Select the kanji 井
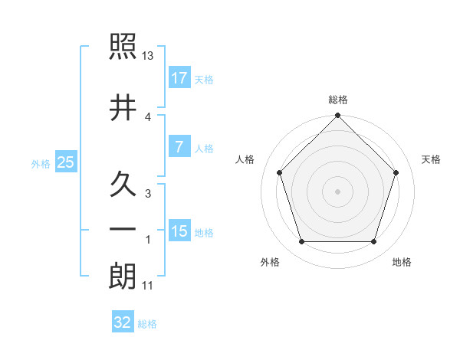point(123,107)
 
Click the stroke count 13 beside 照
point(148,56)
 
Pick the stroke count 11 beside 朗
point(148,286)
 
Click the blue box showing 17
point(179,77)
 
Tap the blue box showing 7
point(179,147)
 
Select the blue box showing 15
point(179,231)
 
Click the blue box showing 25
point(65,162)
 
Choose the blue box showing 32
point(123,322)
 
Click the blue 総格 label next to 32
point(147,324)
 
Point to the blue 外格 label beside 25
point(40,163)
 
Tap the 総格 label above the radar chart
point(338,100)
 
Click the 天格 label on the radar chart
point(432,159)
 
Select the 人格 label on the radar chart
point(245,159)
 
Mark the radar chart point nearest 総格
point(338,116)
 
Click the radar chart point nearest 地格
point(374,242)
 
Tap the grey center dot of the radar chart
point(338,191)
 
